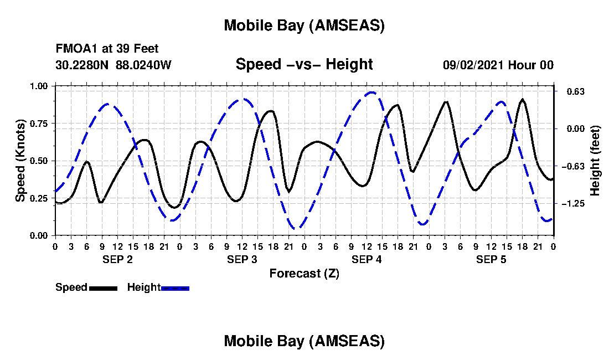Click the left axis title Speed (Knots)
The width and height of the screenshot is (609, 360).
click(20, 161)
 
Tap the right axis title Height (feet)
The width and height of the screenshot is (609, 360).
click(595, 161)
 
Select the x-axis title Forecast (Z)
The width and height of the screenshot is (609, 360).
click(304, 273)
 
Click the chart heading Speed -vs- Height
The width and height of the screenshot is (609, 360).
click(304, 64)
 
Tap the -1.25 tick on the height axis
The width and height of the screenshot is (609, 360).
click(571, 204)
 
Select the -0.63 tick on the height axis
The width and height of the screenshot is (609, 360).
click(571, 166)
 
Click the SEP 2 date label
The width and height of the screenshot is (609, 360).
click(117, 259)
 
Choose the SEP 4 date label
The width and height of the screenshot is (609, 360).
click(367, 259)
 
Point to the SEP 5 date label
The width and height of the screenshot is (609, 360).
click(491, 259)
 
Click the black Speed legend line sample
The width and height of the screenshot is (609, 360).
click(103, 288)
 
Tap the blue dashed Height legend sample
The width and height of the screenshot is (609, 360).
click(175, 288)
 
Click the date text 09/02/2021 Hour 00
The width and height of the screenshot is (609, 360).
click(498, 65)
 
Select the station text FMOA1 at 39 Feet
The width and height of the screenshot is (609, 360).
click(107, 49)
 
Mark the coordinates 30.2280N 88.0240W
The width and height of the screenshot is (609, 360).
click(113, 65)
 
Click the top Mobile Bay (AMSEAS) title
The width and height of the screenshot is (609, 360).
click(304, 25)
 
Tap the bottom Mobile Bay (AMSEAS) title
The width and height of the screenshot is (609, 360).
click(304, 341)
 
